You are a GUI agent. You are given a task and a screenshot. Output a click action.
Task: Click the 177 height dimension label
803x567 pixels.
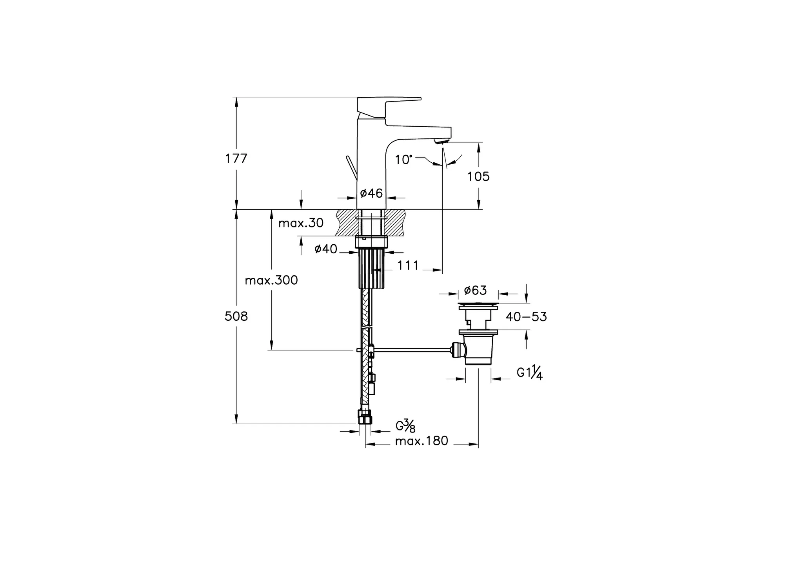click(236, 158)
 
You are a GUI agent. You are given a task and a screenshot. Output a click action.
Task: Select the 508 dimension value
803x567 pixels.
click(236, 316)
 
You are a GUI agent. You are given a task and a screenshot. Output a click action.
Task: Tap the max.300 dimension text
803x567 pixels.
click(271, 280)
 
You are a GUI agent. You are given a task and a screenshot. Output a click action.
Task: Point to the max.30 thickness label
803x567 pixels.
click(301, 223)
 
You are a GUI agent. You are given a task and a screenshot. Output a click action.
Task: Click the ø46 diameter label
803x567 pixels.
click(371, 193)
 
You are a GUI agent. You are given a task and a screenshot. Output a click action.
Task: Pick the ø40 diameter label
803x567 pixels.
click(326, 249)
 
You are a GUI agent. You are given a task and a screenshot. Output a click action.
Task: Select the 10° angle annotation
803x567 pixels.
click(404, 160)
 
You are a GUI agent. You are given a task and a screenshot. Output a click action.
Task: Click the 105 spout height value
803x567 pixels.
click(478, 177)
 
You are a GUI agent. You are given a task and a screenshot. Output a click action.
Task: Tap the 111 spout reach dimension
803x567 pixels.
click(408, 265)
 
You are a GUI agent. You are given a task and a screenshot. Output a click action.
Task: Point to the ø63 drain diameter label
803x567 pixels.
click(475, 290)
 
